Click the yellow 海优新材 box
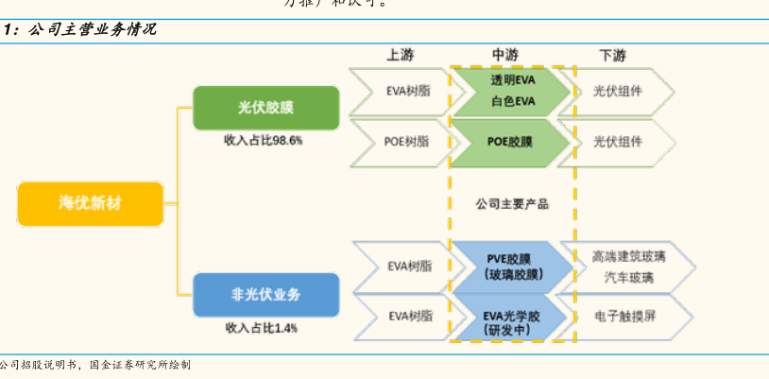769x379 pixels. [91, 203]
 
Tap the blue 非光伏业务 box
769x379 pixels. [265, 295]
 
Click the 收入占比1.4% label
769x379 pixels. [262, 328]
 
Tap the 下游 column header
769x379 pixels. [612, 55]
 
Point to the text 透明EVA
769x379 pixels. [512, 80]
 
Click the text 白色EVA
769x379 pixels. [512, 101]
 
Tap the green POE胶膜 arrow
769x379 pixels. [510, 142]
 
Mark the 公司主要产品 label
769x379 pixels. [511, 203]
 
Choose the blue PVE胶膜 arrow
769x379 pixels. [511, 266]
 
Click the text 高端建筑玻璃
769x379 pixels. [629, 256]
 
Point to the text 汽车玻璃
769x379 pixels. [629, 277]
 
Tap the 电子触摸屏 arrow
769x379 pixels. [624, 315]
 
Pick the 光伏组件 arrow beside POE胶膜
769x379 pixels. [617, 142]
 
